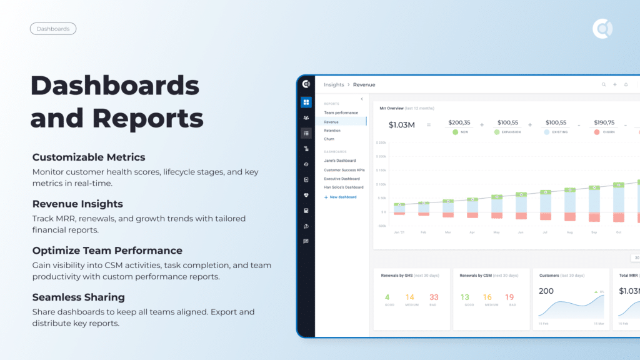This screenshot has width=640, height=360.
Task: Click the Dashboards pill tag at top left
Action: click(x=53, y=29)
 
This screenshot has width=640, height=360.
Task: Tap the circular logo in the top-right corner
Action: click(x=602, y=29)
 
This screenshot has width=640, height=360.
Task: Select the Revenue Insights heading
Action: click(x=77, y=204)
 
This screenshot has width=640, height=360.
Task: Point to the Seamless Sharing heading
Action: click(x=79, y=297)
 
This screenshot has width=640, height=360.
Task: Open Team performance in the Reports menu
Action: click(x=341, y=112)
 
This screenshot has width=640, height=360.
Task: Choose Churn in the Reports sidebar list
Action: click(x=329, y=139)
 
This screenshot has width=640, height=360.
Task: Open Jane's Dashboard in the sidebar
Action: click(x=340, y=161)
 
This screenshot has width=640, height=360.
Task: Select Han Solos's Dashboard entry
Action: click(x=344, y=187)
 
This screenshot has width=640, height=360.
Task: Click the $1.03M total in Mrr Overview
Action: click(x=401, y=125)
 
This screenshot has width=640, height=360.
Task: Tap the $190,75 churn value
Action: click(x=604, y=122)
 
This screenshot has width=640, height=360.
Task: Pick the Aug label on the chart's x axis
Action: click(x=569, y=232)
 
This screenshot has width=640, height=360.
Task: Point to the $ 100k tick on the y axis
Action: click(x=381, y=184)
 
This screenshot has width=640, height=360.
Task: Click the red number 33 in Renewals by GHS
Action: click(x=434, y=297)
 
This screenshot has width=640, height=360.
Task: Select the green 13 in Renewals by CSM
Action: click(x=464, y=297)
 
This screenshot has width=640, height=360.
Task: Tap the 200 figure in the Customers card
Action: click(x=546, y=291)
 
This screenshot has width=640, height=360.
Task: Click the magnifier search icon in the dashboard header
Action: click(x=604, y=84)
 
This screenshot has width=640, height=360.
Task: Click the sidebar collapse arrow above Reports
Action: click(x=362, y=99)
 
